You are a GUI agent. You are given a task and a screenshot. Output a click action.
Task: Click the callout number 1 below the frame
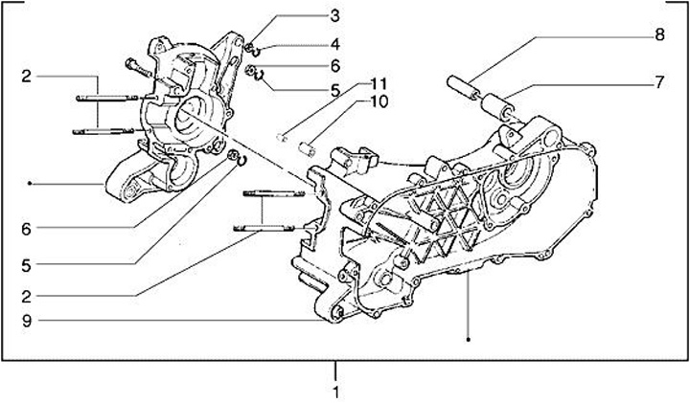click(x=335, y=392)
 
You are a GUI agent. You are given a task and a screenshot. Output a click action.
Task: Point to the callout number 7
click(x=659, y=82)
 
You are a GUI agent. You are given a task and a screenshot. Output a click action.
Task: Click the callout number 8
click(x=659, y=34)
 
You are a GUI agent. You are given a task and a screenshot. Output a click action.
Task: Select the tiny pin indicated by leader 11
click(x=282, y=136)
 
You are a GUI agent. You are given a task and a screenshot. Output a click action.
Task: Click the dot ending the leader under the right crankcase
click(x=469, y=339)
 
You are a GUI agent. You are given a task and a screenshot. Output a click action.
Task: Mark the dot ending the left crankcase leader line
click(x=31, y=182)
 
